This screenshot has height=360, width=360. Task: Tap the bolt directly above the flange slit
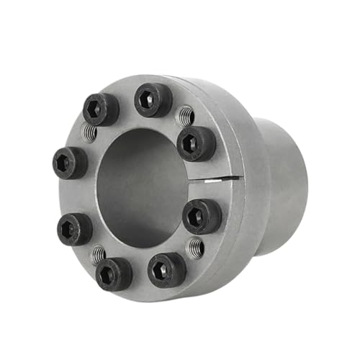pyautogui.click(x=195, y=143)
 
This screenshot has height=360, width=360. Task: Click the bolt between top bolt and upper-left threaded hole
pyautogui.click(x=100, y=109)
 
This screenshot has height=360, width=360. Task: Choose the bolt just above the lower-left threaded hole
pyautogui.click(x=75, y=228)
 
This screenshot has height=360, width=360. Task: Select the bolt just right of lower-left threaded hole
pyautogui.click(x=114, y=274)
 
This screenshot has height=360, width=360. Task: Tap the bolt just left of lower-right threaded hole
pyautogui.click(x=166, y=269)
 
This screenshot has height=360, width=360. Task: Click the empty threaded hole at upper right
pyautogui.click(x=186, y=115)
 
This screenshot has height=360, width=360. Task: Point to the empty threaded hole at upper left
pyautogui.click(x=89, y=132)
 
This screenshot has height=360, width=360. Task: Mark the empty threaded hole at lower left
pyautogui.click(x=98, y=254)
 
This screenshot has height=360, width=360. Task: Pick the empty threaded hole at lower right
pyautogui.click(x=194, y=248)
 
